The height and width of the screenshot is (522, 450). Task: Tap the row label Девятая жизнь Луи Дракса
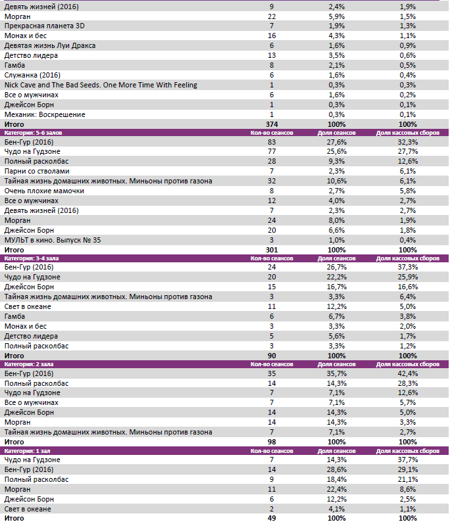tap(50, 45)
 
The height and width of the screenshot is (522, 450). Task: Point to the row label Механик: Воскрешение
tap(45, 114)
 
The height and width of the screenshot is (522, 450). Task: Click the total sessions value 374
tap(271, 124)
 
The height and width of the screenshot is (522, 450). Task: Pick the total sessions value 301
tap(271, 250)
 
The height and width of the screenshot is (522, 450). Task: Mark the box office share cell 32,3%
tap(407, 142)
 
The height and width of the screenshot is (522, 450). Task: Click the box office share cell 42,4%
tap(407, 373)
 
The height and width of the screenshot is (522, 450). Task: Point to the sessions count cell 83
tap(271, 142)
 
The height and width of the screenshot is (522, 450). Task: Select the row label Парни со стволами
tap(37, 171)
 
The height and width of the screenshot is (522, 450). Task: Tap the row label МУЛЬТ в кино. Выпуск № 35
tap(52, 240)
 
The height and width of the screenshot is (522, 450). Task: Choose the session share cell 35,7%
tap(336, 373)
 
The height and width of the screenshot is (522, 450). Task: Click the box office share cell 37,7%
tap(407, 460)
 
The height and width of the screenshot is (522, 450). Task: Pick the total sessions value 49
tap(271, 518)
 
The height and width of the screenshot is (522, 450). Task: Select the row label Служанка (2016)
tap(32, 75)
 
